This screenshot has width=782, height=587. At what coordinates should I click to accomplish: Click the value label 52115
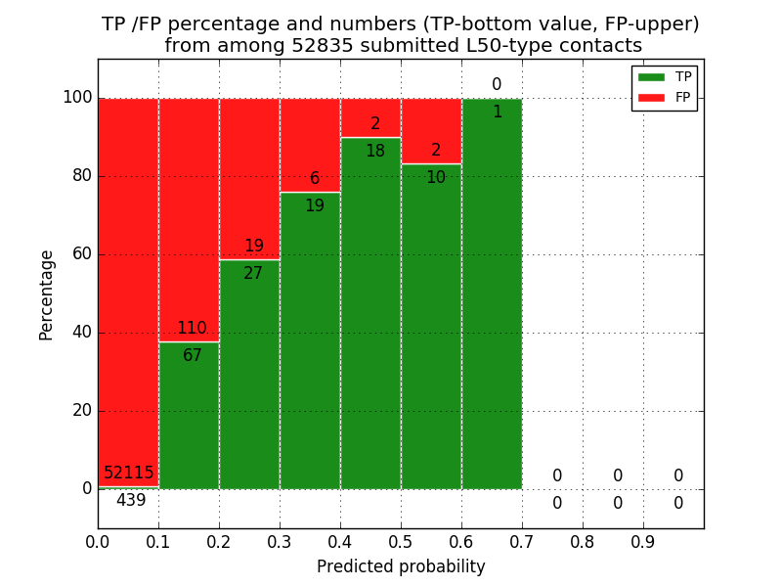[x=129, y=474]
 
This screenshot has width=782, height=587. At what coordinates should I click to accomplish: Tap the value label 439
[x=131, y=501]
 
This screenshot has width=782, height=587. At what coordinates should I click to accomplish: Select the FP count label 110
[x=192, y=329]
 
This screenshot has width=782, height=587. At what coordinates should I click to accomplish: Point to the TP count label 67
[x=193, y=356]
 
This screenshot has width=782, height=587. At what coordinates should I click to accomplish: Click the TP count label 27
[x=253, y=274]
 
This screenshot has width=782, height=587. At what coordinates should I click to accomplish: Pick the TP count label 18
[x=375, y=152]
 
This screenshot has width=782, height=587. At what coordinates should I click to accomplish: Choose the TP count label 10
[x=436, y=178]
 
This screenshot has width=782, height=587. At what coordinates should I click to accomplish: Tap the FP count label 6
[x=315, y=179]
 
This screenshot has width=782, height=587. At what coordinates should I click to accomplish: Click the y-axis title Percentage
[x=47, y=294]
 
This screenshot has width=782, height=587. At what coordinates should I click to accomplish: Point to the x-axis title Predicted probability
[x=401, y=566]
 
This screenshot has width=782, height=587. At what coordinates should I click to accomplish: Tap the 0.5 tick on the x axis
[x=401, y=540]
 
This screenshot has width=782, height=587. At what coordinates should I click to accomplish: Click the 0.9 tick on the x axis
[x=643, y=540]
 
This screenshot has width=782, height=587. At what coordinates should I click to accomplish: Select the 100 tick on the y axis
[x=77, y=98]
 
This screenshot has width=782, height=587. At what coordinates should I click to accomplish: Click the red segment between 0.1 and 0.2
[x=189, y=215]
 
